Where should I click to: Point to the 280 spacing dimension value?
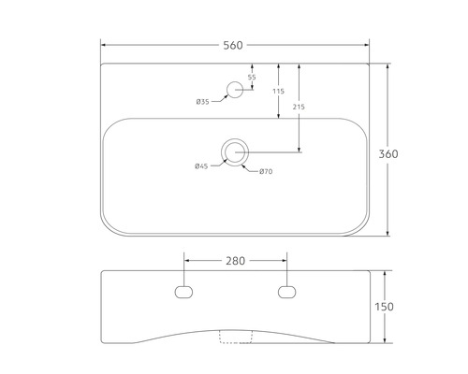[x=235, y=261]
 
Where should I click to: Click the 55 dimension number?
[x=251, y=77]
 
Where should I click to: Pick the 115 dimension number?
[x=278, y=91]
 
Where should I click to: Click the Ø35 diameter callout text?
[x=203, y=102]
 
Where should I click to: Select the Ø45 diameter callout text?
[x=201, y=166]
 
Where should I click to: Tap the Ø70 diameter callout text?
[x=266, y=170]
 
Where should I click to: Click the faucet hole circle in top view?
[x=235, y=90]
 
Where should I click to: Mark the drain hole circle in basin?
[x=235, y=151]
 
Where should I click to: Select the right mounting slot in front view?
[x=286, y=292]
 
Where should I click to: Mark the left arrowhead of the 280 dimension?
[x=185, y=261]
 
